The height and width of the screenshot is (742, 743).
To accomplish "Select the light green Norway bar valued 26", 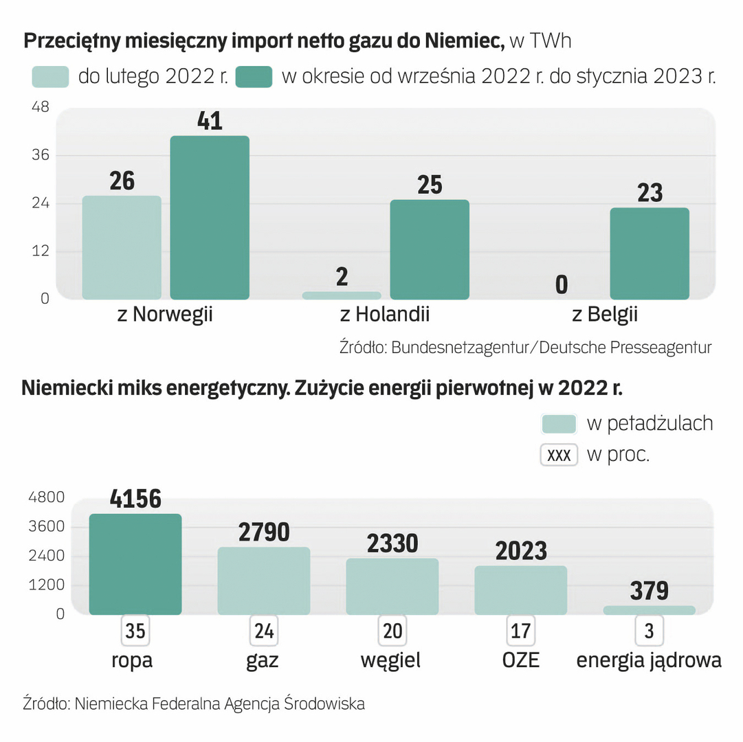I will [122, 247].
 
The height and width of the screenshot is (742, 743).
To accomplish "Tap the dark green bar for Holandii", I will [430, 249].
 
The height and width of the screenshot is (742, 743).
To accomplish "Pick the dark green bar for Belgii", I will [650, 254].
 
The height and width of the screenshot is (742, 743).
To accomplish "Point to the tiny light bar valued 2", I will [342, 295].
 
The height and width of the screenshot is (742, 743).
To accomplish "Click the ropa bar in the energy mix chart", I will [135, 564].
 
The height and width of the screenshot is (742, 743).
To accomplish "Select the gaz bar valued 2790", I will [264, 581].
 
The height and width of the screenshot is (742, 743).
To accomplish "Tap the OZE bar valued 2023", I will [521, 590].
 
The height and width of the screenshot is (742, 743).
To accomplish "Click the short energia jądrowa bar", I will [650, 610].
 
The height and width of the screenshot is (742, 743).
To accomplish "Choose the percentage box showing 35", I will [135, 631].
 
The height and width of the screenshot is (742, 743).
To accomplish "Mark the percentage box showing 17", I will [521, 631].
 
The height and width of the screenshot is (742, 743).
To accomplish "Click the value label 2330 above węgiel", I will [392, 543].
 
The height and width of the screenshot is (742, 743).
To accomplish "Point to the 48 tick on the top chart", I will [41, 108].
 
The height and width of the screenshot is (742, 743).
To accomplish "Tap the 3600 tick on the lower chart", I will [46, 527].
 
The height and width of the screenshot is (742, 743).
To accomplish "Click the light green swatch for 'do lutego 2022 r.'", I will [51, 77].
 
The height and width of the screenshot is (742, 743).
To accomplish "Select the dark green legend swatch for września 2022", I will [254, 77].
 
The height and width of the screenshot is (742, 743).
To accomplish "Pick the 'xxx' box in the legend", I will [559, 456].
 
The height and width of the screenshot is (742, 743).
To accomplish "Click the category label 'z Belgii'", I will [605, 315].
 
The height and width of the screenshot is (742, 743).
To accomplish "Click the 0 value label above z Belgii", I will [562, 284].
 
